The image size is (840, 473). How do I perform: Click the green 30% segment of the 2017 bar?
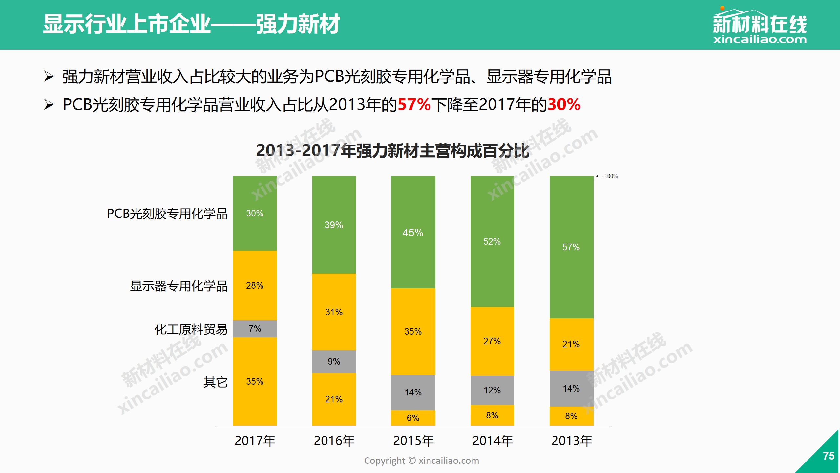tap(255, 214)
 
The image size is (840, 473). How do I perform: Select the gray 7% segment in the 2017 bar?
tap(255, 329)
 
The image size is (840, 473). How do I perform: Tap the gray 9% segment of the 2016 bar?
tap(334, 362)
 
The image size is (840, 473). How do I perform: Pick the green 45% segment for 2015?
tap(413, 233)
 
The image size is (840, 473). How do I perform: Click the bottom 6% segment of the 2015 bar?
tap(413, 418)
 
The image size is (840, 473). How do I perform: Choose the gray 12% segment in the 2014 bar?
tap(492, 390)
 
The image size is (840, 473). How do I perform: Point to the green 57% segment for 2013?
tap(571, 247)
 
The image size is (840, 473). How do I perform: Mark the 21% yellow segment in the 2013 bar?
tap(571, 344)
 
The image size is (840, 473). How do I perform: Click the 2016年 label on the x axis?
tap(334, 441)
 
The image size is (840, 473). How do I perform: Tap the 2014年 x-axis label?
tap(493, 441)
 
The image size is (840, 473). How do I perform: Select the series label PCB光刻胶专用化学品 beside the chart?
tap(167, 214)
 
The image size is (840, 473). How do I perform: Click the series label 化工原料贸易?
tap(191, 329)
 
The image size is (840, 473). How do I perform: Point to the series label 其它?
tap(215, 382)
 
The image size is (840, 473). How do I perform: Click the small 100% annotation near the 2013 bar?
tap(611, 176)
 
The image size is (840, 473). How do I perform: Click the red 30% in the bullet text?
tap(564, 105)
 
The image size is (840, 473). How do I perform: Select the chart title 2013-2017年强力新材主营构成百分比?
tap(392, 151)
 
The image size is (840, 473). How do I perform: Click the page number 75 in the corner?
tap(829, 456)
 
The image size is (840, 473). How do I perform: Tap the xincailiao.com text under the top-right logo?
tap(760, 40)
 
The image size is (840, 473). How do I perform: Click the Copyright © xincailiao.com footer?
tap(421, 461)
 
